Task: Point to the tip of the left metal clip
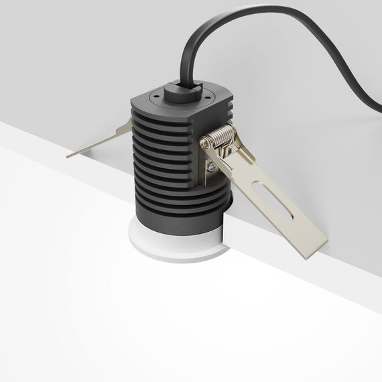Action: click(x=70, y=154)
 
